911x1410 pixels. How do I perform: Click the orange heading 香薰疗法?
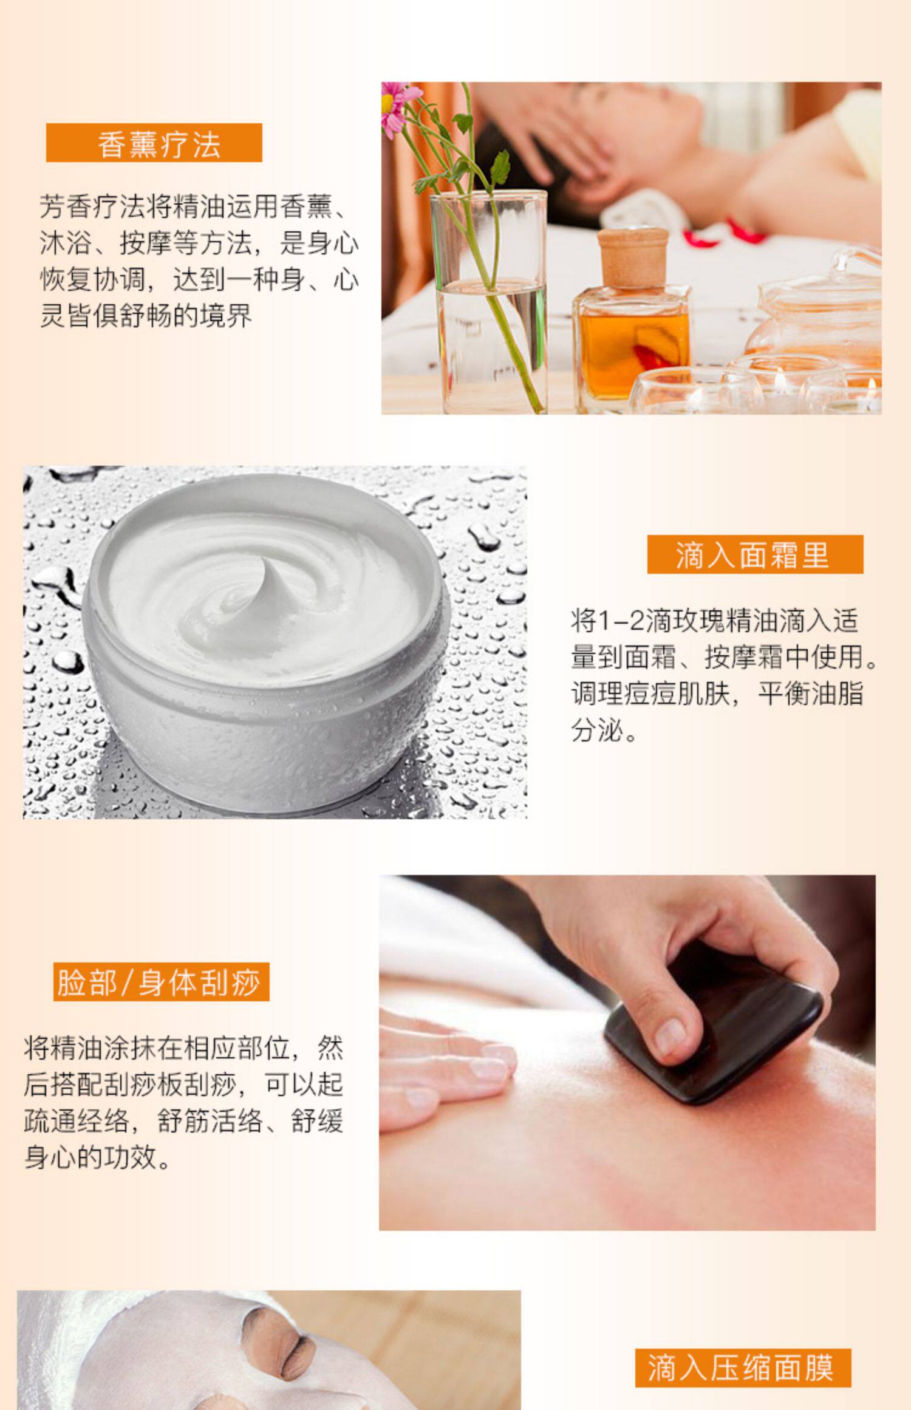click(x=154, y=143)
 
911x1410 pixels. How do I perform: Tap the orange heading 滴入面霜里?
click(x=755, y=554)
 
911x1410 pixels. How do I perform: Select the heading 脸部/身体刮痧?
click(x=161, y=982)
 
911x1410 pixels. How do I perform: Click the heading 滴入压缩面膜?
click(x=743, y=1367)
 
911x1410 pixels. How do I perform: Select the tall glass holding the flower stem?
click(x=489, y=302)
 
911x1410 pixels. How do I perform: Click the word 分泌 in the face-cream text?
click(x=597, y=730)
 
